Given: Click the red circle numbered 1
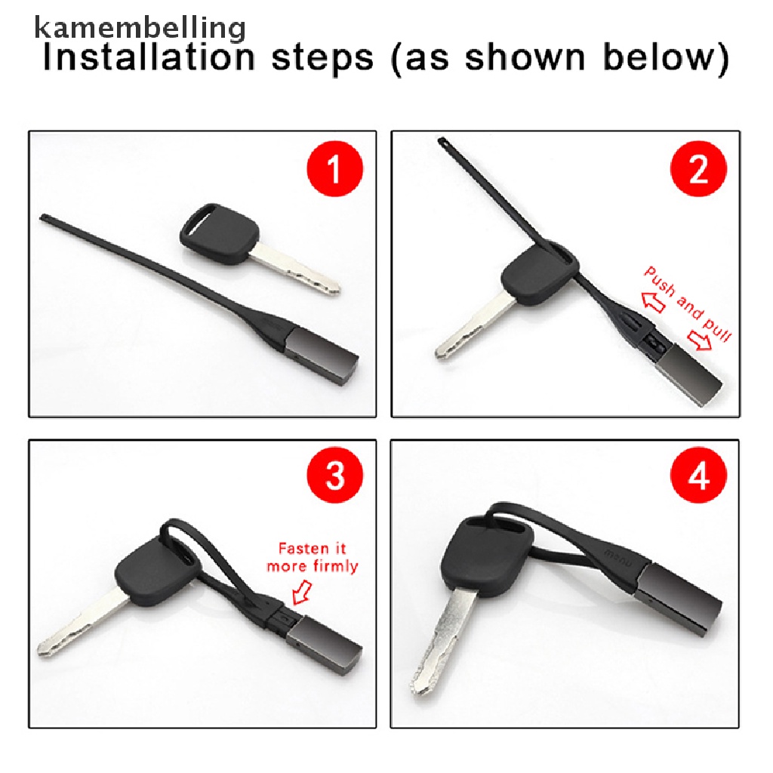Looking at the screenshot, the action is (334, 168).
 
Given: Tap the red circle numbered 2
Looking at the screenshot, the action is (698, 168).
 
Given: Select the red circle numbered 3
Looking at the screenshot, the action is (334, 475).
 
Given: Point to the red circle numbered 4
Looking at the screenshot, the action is (698, 475).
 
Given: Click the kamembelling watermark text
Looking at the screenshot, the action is (140, 29).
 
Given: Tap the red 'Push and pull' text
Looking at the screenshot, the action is (688, 304).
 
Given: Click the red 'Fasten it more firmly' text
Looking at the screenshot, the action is (313, 557).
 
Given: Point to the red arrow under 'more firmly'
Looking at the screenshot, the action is (302, 592).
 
